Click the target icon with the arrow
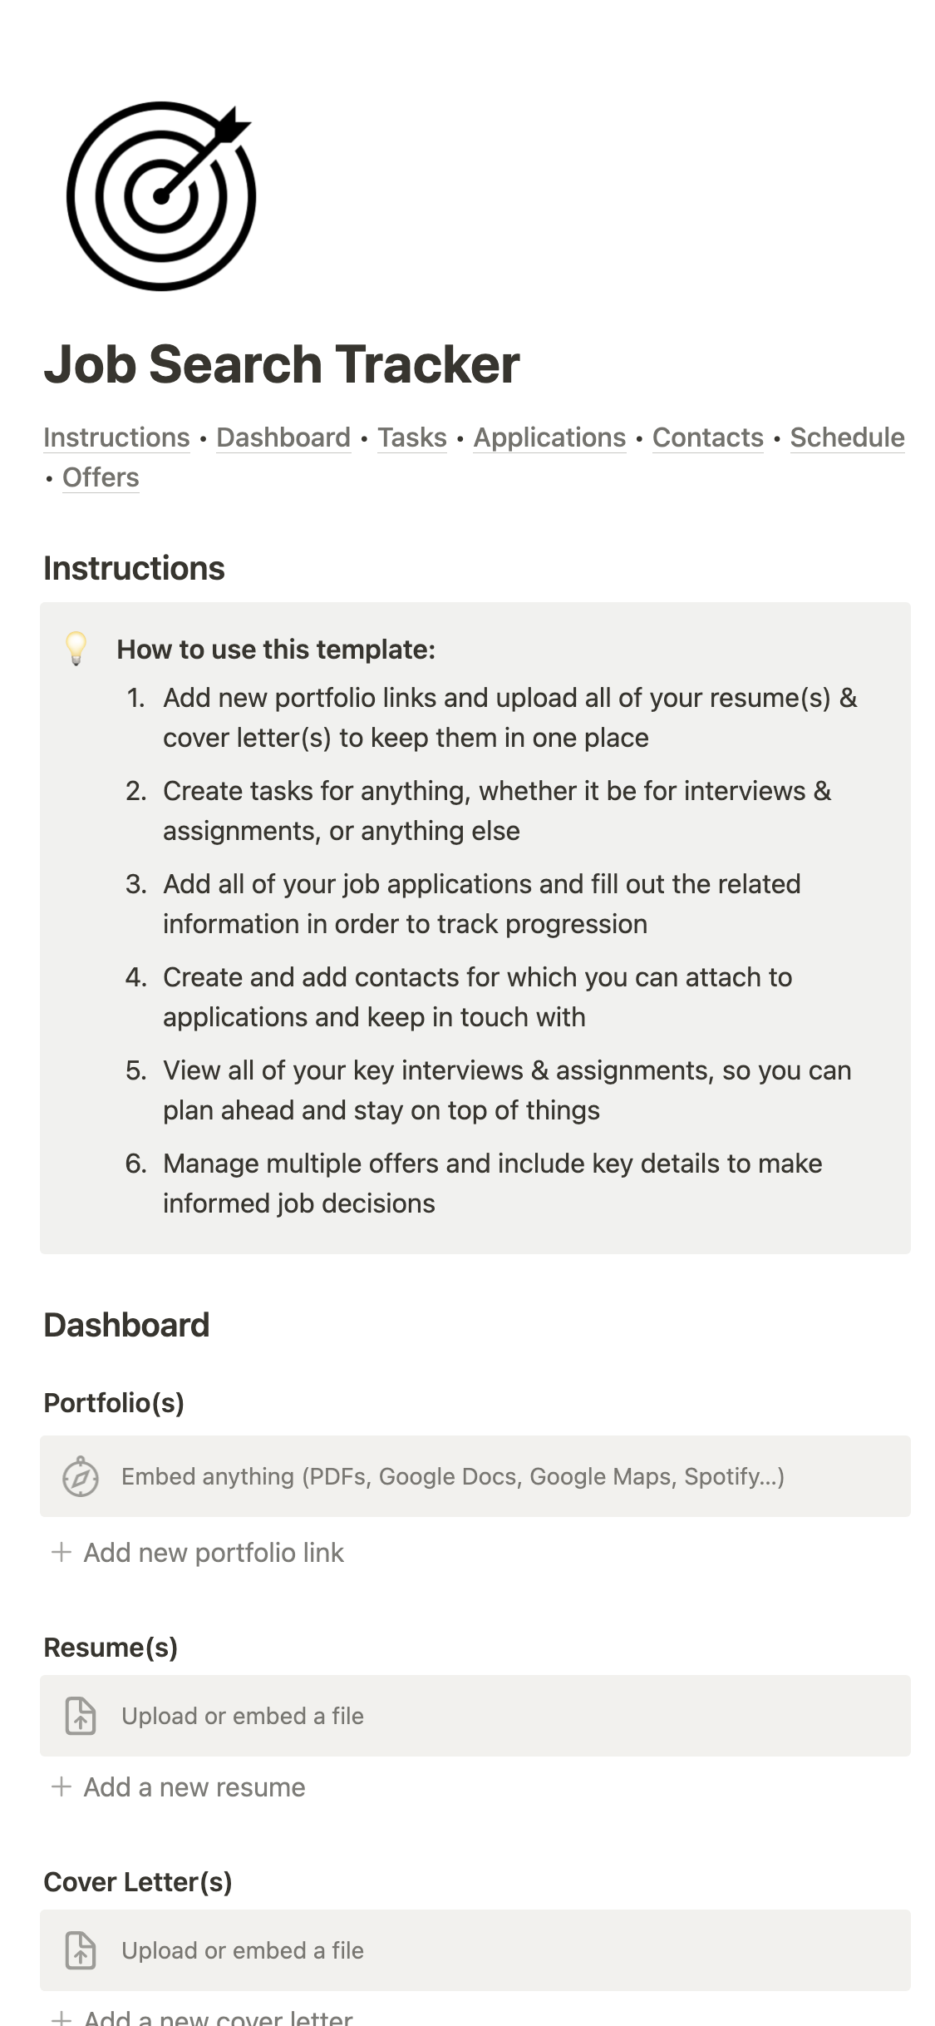coord(160,196)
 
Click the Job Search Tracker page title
coord(282,365)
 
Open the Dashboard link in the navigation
coord(283,437)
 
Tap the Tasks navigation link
coord(412,437)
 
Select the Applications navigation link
coord(549,437)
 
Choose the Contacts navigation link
coord(707,437)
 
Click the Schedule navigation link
coord(847,437)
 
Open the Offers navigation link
coord(101,477)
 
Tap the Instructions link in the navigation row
coord(116,437)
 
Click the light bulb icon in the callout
coord(76,649)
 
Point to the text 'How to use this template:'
coord(276,650)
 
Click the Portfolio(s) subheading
coord(114,1403)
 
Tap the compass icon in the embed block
coord(81,1476)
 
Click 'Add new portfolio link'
coord(214,1553)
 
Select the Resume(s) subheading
coord(111,1648)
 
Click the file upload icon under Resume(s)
coord(81,1716)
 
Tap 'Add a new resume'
coord(194,1787)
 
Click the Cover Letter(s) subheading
coord(138,1882)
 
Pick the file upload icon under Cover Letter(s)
coord(81,1950)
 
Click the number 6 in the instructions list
coord(135,1164)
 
